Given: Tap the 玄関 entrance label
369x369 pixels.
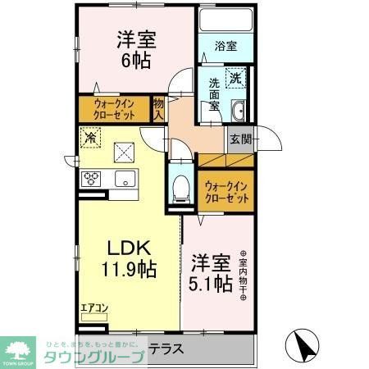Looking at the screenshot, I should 240,139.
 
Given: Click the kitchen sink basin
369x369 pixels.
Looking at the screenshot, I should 125,179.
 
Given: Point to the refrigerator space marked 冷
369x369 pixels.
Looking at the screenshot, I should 89,139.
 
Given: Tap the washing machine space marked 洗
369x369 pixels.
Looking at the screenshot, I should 235,79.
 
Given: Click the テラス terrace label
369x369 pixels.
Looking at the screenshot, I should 164,348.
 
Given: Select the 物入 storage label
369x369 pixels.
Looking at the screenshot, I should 159,107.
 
